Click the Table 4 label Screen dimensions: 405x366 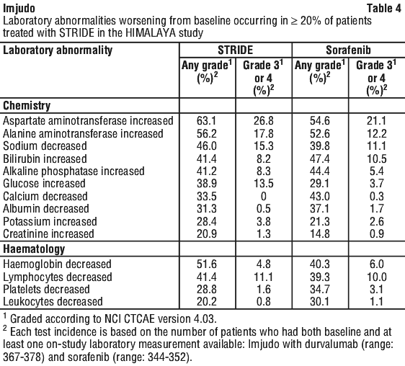(x=384, y=8)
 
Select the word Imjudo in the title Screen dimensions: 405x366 (x=19, y=9)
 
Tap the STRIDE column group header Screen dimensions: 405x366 (x=236, y=50)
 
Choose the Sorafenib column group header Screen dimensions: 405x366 (x=348, y=50)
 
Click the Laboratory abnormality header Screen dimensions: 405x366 (x=58, y=50)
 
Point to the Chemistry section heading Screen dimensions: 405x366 (x=27, y=106)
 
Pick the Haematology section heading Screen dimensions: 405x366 (x=34, y=249)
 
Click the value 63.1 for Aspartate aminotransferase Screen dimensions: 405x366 (x=206, y=121)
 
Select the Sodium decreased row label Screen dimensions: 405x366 (x=45, y=146)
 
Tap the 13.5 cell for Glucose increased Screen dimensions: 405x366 (x=263, y=184)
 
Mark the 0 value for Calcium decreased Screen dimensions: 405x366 (x=264, y=196)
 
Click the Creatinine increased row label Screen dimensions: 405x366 (x=48, y=233)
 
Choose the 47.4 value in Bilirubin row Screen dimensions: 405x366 (x=320, y=159)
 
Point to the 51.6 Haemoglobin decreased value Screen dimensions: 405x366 (x=207, y=264)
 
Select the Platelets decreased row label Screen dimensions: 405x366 (x=46, y=290)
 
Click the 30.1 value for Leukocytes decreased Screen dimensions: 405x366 (x=319, y=302)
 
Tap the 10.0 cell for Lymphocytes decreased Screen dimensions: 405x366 (x=377, y=277)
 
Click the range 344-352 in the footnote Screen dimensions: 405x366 (x=167, y=357)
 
